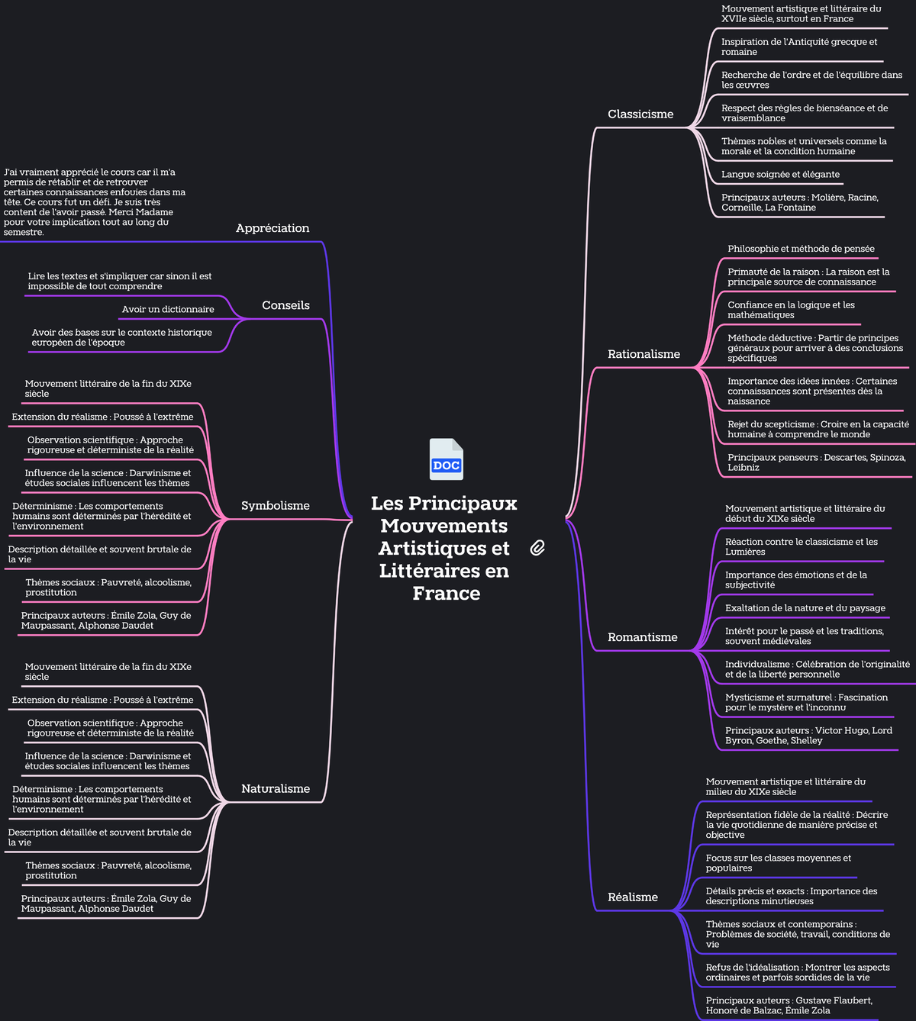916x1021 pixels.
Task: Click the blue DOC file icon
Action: point(446,459)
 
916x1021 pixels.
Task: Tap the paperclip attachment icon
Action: point(537,548)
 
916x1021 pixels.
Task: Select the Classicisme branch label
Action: point(640,114)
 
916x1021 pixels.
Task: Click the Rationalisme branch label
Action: point(643,354)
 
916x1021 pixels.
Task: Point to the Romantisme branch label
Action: point(642,637)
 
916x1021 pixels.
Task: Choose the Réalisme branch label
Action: point(633,897)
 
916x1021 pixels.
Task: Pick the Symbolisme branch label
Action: point(276,506)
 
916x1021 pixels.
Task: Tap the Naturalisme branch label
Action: point(276,789)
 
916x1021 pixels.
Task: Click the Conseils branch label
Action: point(285,305)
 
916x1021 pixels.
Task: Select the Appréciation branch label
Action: point(273,228)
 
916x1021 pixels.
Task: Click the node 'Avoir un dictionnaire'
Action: point(168,309)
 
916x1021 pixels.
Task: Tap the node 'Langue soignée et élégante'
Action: point(780,175)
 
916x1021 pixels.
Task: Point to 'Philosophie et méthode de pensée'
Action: point(801,249)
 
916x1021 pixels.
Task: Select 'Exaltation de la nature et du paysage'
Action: point(805,607)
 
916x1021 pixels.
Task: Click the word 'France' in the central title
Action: point(446,593)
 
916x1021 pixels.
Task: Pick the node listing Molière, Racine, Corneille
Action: point(799,202)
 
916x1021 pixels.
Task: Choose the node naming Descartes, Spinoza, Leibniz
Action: point(816,462)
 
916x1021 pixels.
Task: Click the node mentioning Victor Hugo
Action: point(808,736)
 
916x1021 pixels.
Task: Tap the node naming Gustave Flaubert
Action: point(789,1006)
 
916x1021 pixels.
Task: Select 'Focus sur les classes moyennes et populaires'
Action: point(778,863)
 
